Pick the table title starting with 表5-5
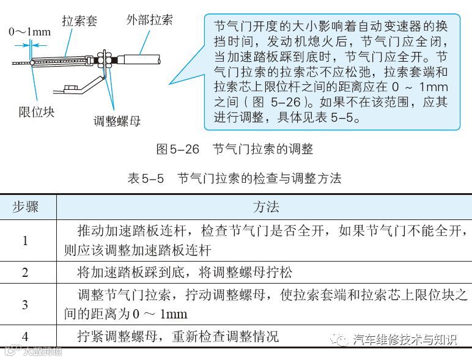(x=235, y=178)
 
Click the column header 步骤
(x=26, y=207)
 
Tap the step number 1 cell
(x=25, y=240)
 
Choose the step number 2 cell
(x=25, y=273)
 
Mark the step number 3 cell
(x=25, y=304)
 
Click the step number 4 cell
(x=25, y=336)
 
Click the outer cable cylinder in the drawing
(x=142, y=61)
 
